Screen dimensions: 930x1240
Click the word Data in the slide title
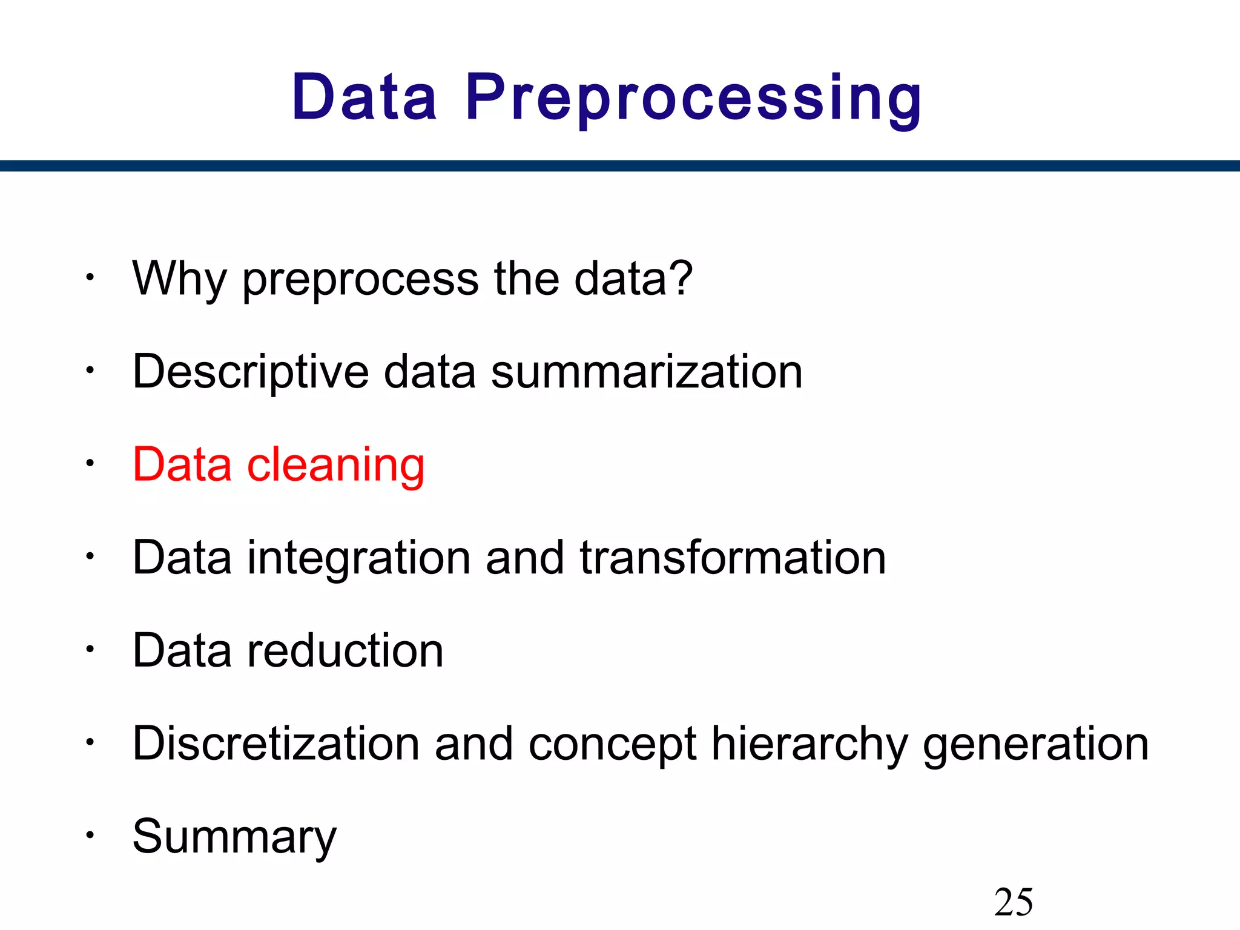click(x=364, y=97)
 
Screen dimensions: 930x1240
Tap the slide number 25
click(x=1014, y=902)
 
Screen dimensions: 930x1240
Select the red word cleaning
click(x=336, y=465)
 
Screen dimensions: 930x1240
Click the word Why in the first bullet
click(x=180, y=279)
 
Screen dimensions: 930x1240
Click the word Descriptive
click(x=251, y=372)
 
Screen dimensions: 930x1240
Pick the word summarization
click(x=647, y=372)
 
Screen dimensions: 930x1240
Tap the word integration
click(x=359, y=558)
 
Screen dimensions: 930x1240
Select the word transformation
click(x=733, y=558)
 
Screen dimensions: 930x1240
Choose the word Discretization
click(x=276, y=744)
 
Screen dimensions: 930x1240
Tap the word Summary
click(x=234, y=837)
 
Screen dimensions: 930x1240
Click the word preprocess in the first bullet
click(x=361, y=279)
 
